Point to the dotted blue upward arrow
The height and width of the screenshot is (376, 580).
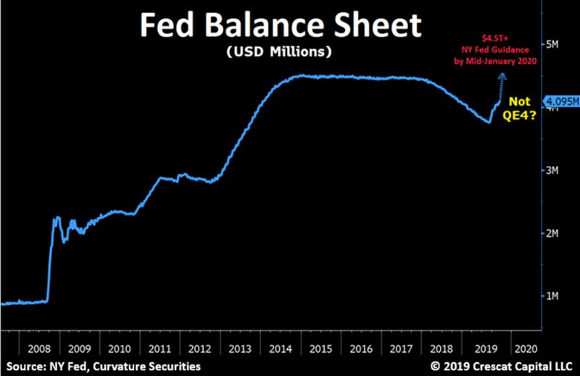[501, 86]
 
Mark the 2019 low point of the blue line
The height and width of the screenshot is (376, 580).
[489, 122]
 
